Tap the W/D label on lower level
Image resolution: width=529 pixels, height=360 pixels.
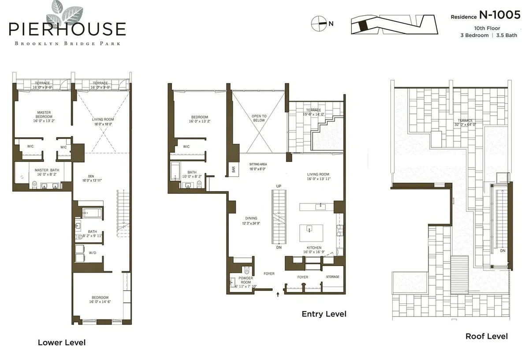tap(93, 253)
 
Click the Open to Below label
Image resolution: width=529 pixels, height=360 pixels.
tap(259, 118)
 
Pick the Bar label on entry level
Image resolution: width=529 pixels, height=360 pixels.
tap(233, 169)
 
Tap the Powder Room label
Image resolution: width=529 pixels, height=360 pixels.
tap(246, 281)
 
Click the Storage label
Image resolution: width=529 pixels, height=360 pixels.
tap(333, 277)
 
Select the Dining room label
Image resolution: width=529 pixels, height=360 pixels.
tap(251, 221)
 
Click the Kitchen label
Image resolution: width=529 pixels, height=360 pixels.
tap(314, 250)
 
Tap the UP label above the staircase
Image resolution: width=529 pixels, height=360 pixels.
tap(278, 186)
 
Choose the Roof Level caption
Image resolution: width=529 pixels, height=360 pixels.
tap(486, 336)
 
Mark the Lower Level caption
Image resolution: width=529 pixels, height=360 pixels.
tap(61, 342)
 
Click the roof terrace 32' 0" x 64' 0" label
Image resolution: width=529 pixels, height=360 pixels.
tap(465, 123)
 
